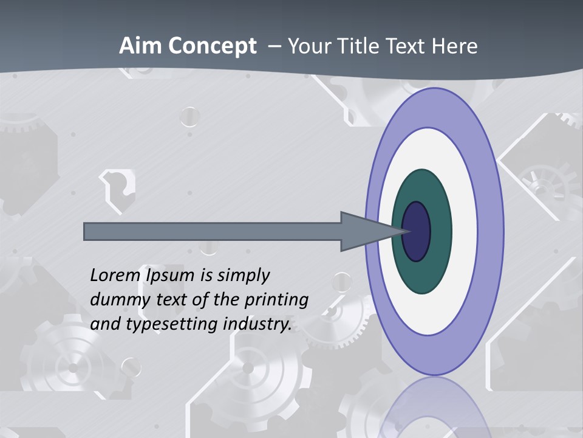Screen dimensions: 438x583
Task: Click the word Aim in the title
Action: click(140, 46)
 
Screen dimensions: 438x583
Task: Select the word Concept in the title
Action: click(212, 47)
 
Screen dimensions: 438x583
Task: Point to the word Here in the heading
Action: click(455, 46)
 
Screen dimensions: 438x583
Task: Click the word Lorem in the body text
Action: click(115, 276)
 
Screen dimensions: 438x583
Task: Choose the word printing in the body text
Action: click(278, 301)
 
